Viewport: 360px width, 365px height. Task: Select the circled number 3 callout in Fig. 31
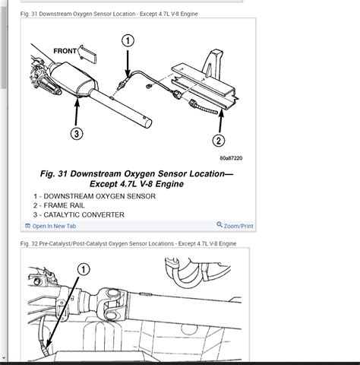click(x=77, y=134)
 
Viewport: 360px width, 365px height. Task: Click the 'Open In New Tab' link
click(x=54, y=226)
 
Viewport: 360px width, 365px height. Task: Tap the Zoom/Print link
click(x=238, y=226)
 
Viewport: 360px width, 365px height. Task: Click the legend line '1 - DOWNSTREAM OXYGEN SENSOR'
click(x=94, y=196)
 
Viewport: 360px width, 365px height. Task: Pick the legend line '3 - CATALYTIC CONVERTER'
click(x=79, y=215)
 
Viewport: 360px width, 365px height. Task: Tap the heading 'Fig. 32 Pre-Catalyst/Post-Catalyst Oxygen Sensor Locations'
click(x=129, y=243)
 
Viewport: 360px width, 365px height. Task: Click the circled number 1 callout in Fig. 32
click(x=83, y=269)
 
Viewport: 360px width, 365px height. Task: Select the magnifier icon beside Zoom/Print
click(x=219, y=225)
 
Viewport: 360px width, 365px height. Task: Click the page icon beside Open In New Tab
click(x=27, y=226)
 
